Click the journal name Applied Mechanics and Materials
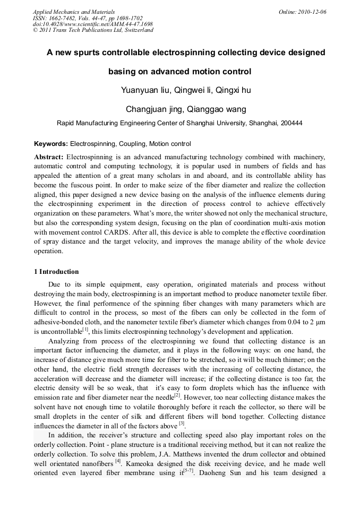[x=74, y=12]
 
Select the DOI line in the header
[x=93, y=24]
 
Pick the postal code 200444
[x=291, y=123]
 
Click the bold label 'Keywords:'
[x=51, y=144]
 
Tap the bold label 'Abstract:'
[x=49, y=157]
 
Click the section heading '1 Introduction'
[x=56, y=272]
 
